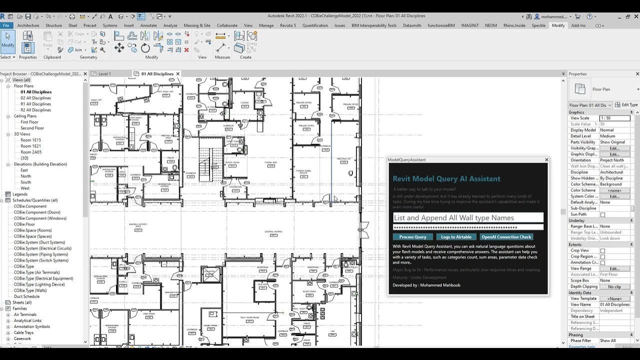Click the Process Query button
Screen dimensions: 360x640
tap(412, 237)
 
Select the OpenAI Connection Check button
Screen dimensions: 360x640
tap(506, 237)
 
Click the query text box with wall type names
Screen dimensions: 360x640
tap(468, 217)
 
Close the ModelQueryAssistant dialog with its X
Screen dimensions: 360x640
tap(546, 160)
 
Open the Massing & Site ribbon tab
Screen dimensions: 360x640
tap(197, 25)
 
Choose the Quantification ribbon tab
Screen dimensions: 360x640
tap(315, 25)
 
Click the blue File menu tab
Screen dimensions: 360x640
tap(6, 25)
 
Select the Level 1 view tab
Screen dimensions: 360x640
tap(104, 74)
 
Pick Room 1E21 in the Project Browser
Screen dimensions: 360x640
tap(30, 146)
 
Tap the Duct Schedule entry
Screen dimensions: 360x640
tap(26, 296)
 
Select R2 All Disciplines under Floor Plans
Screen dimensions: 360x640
tap(35, 110)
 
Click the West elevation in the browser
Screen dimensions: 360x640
tap(25, 188)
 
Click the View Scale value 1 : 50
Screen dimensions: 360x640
tap(614, 118)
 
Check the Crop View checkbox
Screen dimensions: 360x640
tap(602, 250)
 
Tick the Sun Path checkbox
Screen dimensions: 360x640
tap(602, 214)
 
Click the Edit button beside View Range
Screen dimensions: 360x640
tap(614, 268)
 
